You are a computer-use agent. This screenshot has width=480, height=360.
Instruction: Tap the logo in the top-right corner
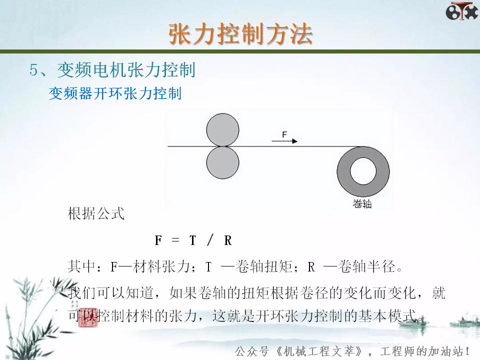point(461,11)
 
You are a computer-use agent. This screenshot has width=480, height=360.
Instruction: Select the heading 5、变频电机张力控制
point(112,70)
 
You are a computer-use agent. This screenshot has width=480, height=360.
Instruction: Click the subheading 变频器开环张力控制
point(115,94)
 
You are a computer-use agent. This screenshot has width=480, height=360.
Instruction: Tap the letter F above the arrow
point(284,134)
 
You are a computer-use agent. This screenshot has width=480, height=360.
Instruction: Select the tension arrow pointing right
point(284,141)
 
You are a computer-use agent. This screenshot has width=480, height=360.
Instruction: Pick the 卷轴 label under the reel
point(362,204)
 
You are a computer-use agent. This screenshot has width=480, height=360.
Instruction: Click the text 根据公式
point(96,214)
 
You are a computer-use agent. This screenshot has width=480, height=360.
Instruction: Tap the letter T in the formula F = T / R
point(192,240)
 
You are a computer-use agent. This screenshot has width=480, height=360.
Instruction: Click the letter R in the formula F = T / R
point(228,240)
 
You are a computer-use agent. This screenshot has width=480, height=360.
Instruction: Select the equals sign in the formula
point(175,240)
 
